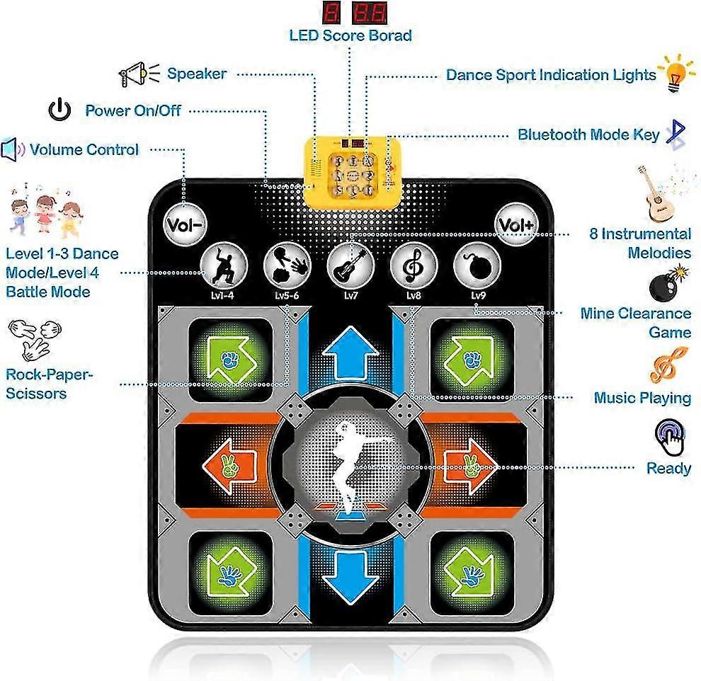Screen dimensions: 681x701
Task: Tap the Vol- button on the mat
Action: [x=185, y=224]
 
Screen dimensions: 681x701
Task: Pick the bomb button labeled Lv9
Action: [x=477, y=264]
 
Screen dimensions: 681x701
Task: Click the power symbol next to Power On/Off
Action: [x=59, y=110]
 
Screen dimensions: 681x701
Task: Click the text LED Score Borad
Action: [x=350, y=35]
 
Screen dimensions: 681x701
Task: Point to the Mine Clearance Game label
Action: [x=635, y=322]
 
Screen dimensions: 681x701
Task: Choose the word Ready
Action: [x=668, y=469]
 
